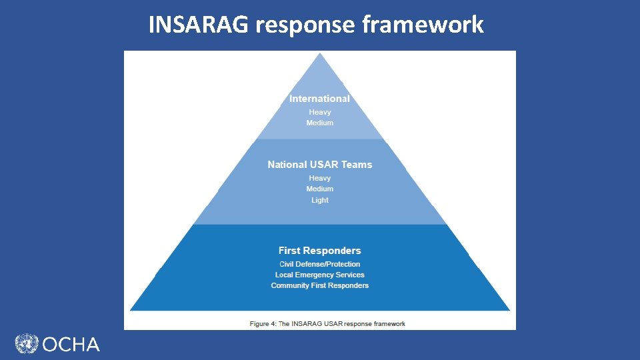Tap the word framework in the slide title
pos(423,25)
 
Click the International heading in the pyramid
pos(319,99)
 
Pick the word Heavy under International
pos(320,112)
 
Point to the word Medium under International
pos(320,123)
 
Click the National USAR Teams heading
pos(320,164)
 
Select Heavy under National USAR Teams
pos(320,178)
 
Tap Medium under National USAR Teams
pos(320,189)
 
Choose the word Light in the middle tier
pos(320,200)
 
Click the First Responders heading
pos(320,251)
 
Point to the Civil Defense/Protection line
pos(320,264)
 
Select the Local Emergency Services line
pos(320,275)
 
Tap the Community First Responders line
pos(320,285)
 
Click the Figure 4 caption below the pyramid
pos(327,324)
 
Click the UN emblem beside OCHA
pos(27,344)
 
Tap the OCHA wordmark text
pos(71,345)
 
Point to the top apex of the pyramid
pos(320,54)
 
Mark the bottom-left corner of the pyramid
pos(131,309)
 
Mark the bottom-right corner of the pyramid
pos(509,309)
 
